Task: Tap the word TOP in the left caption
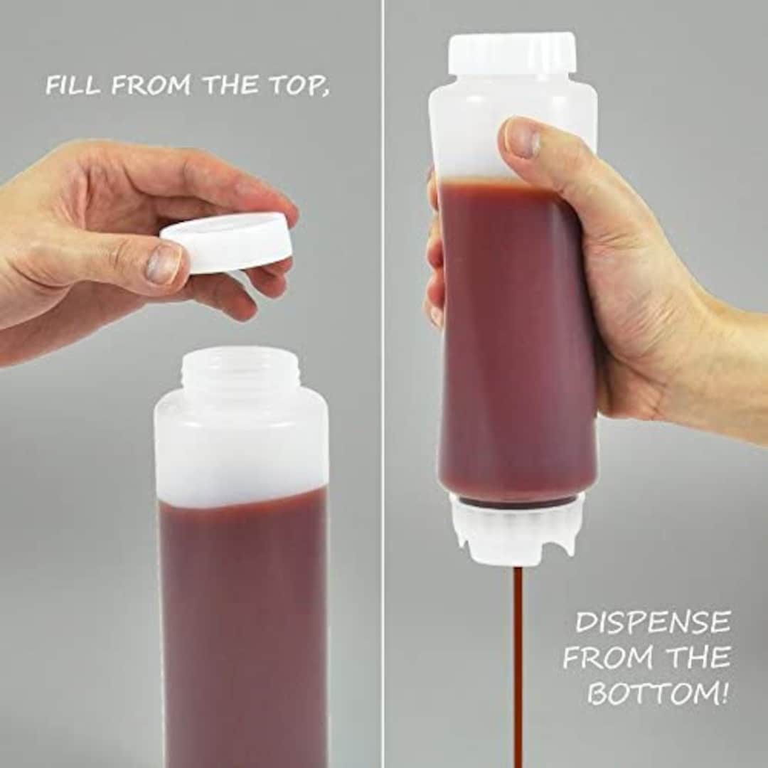299,85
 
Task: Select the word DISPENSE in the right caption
653,622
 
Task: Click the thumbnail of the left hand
163,264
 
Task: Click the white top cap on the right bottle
512,52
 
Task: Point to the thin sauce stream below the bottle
518,661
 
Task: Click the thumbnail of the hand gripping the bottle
523,139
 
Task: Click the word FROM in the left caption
151,85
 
